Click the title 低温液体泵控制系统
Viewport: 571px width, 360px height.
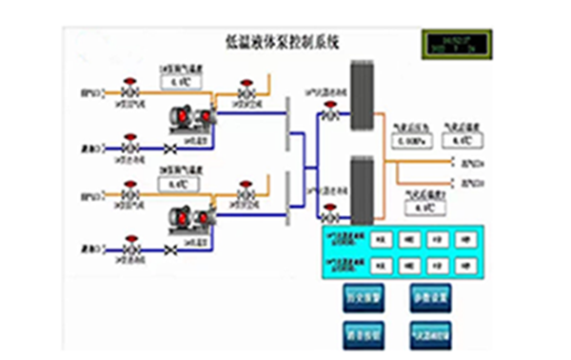point(285,42)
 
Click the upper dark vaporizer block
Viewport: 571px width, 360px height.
point(361,94)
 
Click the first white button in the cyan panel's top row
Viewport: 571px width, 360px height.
point(381,239)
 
